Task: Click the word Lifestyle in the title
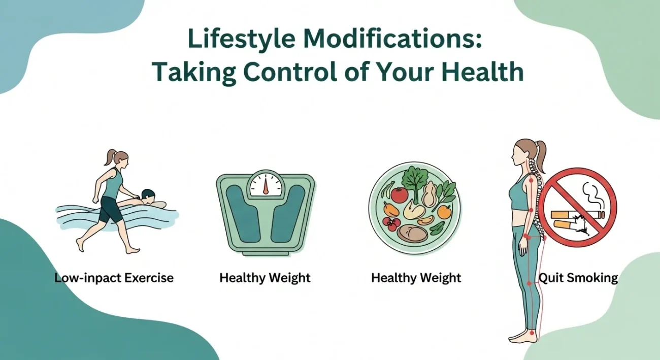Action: (241, 39)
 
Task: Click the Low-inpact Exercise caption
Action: (114, 278)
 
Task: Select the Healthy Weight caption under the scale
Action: (265, 278)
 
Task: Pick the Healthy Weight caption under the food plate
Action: (416, 278)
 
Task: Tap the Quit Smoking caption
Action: (578, 278)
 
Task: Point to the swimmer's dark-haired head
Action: (148, 195)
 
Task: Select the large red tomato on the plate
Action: (400, 194)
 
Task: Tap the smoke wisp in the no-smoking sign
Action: (593, 196)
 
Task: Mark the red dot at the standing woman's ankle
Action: (532, 333)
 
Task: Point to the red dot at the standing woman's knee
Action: (529, 284)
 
